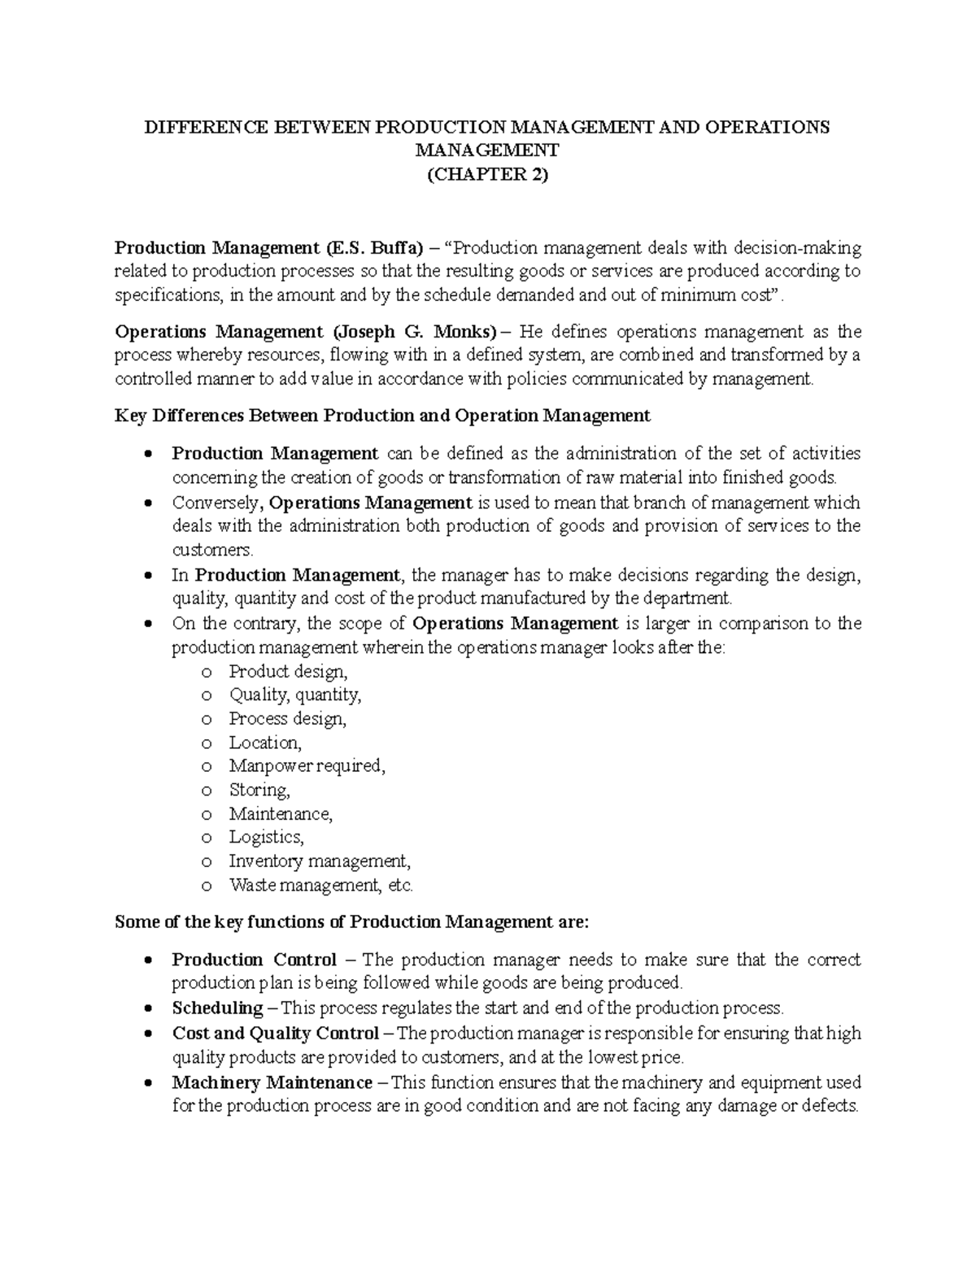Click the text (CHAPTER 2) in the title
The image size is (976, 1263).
487,174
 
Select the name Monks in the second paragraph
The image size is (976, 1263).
462,332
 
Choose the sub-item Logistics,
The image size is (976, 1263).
266,837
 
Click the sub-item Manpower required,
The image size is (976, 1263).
307,766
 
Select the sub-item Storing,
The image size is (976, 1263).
259,790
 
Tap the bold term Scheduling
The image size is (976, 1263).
217,1008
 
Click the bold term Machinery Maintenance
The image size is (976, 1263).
272,1082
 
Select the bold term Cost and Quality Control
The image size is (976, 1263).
276,1034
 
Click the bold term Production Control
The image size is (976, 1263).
255,960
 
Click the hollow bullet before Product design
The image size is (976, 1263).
206,673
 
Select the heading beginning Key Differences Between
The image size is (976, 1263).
382,416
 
